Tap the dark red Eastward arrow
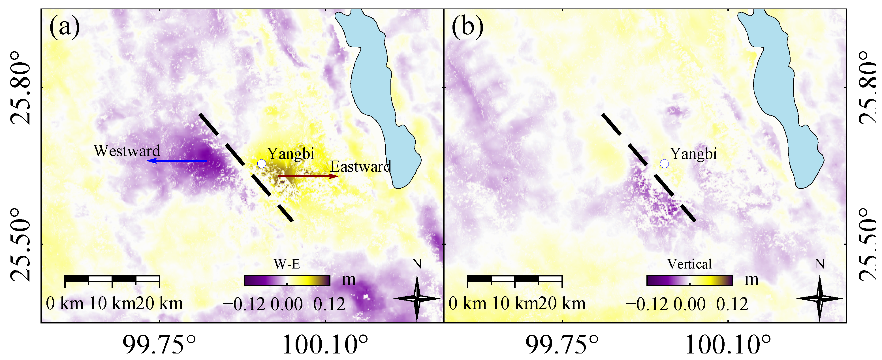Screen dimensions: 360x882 click(x=308, y=177)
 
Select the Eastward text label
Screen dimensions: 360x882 click(x=360, y=167)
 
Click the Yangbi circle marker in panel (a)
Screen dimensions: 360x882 click(x=262, y=164)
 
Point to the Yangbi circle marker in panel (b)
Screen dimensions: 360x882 click(x=664, y=164)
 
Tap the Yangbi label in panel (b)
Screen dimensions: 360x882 click(x=693, y=154)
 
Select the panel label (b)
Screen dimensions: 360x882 click(x=467, y=27)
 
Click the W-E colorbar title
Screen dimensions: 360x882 click(x=287, y=264)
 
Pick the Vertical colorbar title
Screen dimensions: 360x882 click(x=689, y=264)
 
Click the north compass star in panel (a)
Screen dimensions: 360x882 click(x=417, y=298)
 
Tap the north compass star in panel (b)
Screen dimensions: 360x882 click(x=819, y=298)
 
